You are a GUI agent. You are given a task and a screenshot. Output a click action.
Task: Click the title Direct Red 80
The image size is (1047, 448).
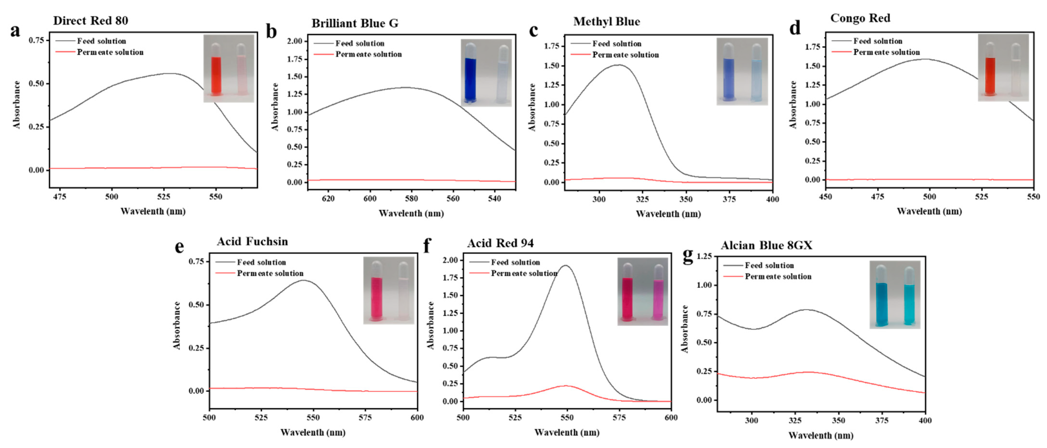90,21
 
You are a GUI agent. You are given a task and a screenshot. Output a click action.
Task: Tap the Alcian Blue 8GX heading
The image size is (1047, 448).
766,245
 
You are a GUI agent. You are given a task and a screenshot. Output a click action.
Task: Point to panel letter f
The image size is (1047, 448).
426,246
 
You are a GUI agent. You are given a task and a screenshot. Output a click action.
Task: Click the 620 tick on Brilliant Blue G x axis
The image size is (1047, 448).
328,199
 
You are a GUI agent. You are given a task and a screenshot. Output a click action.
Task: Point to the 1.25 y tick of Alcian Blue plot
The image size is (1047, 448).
704,256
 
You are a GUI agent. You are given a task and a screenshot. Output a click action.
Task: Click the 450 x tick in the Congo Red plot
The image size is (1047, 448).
825,197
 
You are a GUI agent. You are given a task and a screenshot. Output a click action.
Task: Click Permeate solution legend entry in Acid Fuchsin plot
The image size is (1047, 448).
270,273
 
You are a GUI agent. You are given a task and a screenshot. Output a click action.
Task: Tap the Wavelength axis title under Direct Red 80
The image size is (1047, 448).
153,211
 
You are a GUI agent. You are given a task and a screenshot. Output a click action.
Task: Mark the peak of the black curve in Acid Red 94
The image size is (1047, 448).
565,266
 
